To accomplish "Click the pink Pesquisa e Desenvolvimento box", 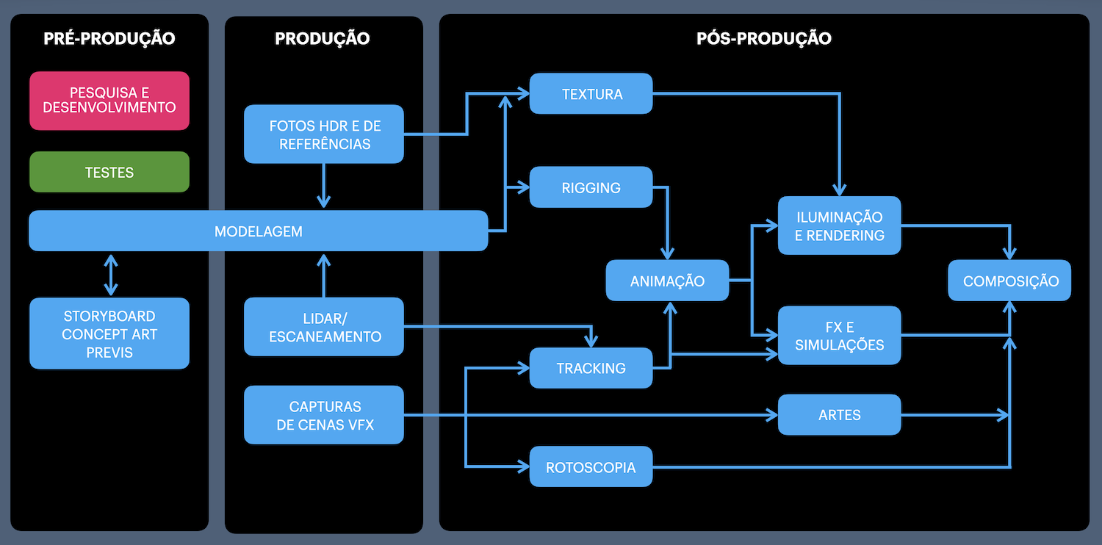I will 109,101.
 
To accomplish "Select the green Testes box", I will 109,172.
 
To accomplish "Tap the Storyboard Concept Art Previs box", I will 109,333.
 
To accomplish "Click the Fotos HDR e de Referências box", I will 324,134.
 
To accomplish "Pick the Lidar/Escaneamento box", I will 324,327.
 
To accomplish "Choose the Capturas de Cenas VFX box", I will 324,415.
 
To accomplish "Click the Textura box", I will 591,94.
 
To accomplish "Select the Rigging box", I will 591,187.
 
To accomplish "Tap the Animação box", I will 667,281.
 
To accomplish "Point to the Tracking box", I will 591,368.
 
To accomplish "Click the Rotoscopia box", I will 591,467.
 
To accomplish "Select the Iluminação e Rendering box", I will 839,225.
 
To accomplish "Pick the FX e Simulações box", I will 839,336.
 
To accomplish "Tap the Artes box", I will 839,415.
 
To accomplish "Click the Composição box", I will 1010,281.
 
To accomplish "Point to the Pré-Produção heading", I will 109,38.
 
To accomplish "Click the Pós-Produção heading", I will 764,38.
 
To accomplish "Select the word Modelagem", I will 259,231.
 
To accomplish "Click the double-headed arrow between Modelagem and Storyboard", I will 111,274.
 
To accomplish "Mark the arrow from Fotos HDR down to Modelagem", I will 324,186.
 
